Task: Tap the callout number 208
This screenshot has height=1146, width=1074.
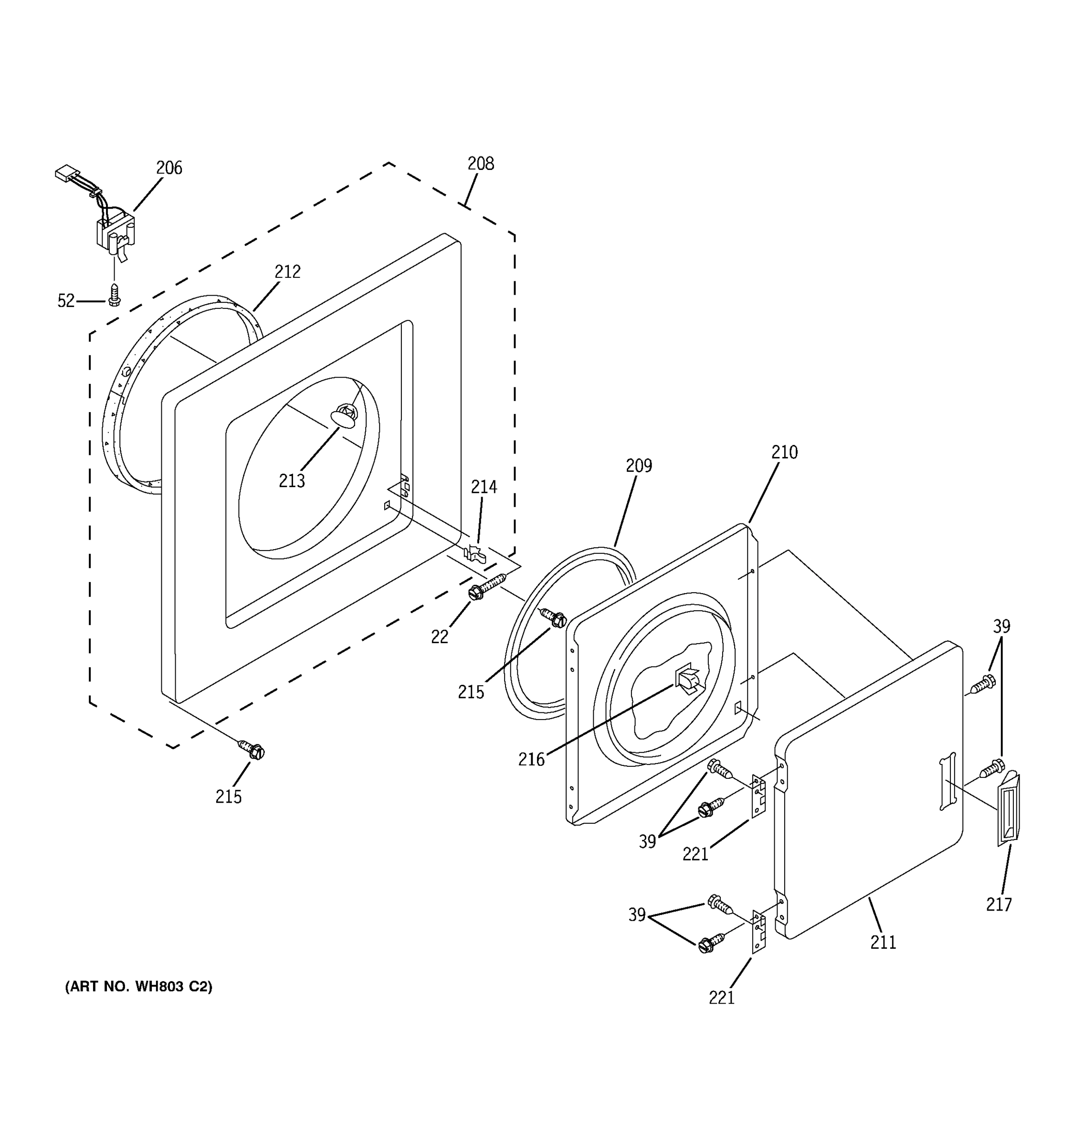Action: coord(481,164)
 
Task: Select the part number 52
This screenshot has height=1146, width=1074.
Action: coord(66,301)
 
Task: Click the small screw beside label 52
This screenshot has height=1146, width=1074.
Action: coord(115,295)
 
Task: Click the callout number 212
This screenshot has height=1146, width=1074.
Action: coord(287,272)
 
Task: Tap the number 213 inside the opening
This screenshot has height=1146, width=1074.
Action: coord(292,481)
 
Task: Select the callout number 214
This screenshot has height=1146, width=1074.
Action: coord(484,487)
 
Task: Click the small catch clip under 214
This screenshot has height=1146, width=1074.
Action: coord(475,554)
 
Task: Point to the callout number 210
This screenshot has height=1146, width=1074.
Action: coord(784,453)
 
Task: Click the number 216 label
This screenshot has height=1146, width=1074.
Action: coord(531,760)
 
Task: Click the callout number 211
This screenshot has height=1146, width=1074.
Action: coord(883,943)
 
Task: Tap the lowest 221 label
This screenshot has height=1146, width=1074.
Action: coord(721,997)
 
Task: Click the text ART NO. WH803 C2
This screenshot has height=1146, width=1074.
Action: coord(139,987)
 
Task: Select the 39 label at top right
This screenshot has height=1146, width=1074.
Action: coord(1001,626)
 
